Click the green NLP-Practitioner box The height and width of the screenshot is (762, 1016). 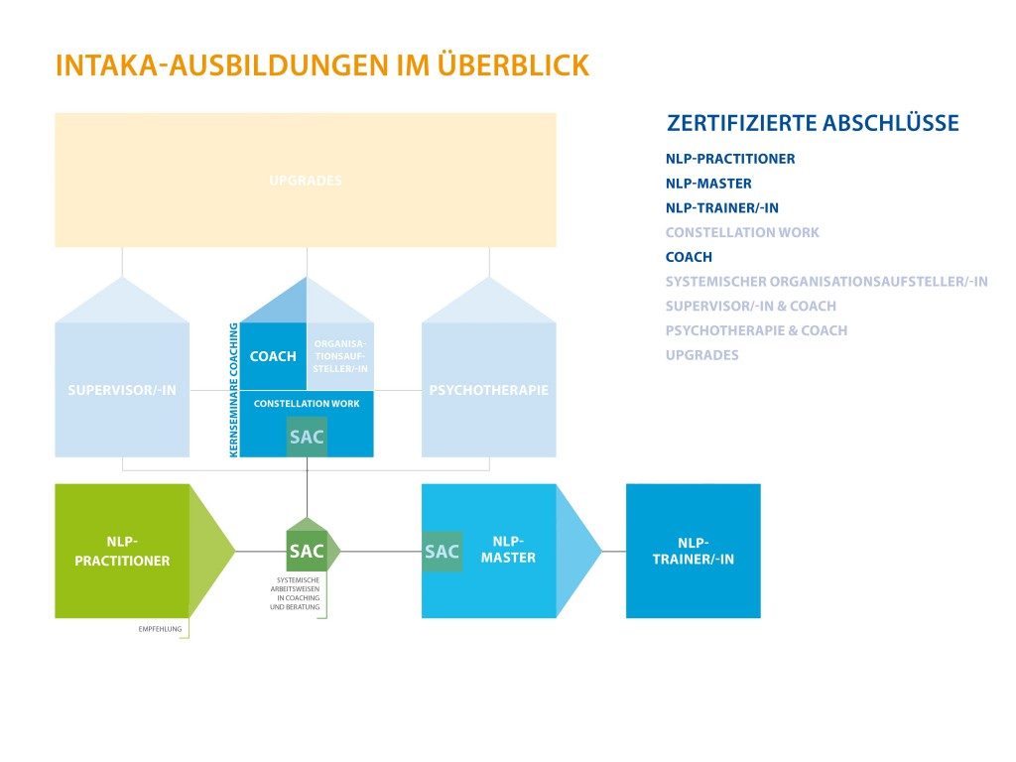(122, 551)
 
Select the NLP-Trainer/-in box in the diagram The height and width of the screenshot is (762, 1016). (693, 551)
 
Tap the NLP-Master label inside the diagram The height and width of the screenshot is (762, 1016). (513, 550)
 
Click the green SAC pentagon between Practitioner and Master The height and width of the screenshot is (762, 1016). (307, 551)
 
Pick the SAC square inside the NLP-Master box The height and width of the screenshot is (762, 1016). (442, 552)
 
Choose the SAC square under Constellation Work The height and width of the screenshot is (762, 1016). (307, 437)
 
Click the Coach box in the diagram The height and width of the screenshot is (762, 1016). (273, 356)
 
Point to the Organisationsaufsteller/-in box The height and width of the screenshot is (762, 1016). (340, 356)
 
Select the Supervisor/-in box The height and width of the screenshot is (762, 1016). (122, 390)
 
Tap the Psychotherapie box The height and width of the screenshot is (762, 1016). (488, 390)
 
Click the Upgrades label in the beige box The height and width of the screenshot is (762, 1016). (306, 181)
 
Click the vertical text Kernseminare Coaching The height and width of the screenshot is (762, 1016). (234, 390)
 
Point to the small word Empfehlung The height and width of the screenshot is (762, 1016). (159, 628)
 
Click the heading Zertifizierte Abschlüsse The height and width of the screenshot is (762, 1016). (813, 123)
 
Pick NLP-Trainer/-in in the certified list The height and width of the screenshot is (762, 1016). (721, 207)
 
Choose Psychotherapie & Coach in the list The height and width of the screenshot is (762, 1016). (756, 330)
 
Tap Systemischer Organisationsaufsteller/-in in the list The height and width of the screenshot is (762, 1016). (825, 281)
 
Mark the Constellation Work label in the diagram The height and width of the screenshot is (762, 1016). (307, 404)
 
